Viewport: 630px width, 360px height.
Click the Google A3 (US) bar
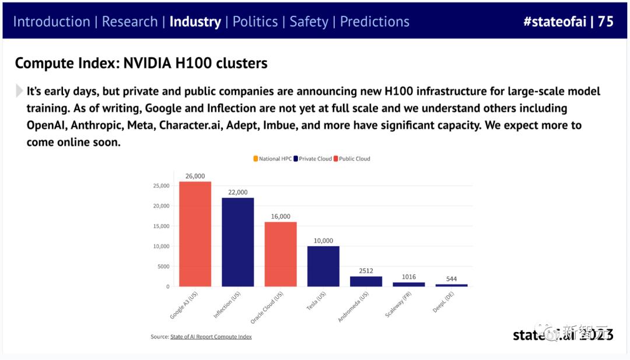(x=195, y=233)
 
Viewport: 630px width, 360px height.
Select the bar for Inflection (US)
(x=237, y=242)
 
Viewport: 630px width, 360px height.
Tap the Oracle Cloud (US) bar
(x=281, y=254)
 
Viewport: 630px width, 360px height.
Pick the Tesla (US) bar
(x=323, y=266)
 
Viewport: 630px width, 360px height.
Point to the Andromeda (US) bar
(x=366, y=281)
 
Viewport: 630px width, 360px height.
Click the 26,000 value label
(x=195, y=176)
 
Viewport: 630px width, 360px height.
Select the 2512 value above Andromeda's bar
(x=366, y=271)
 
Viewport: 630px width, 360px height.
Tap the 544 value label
(x=452, y=279)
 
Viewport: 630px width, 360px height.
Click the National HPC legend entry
(x=273, y=159)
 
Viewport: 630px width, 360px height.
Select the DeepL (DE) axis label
(x=444, y=302)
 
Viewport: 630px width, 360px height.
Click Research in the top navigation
(x=129, y=22)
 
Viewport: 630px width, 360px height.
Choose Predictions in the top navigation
(x=374, y=22)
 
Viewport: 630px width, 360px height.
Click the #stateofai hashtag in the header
(x=554, y=22)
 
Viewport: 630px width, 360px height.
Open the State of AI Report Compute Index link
(x=211, y=337)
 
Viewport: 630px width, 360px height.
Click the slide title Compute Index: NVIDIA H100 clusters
(x=141, y=63)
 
